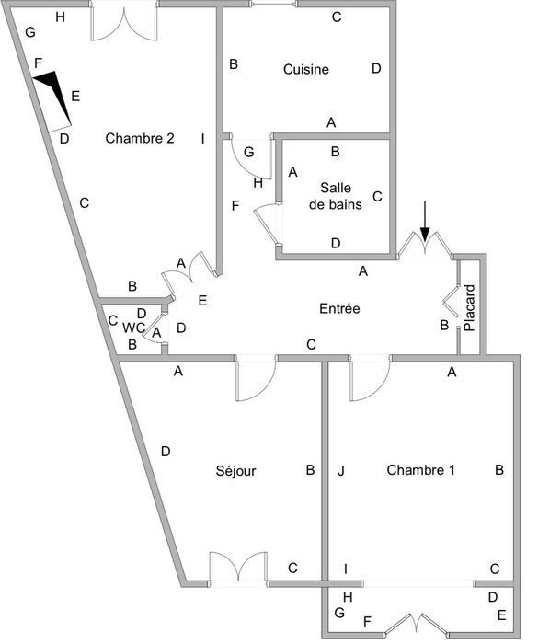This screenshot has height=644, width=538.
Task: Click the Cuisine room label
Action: [x=306, y=69]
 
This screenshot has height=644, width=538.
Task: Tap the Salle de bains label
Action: [x=336, y=196]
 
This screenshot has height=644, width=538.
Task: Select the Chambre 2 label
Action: [x=140, y=138]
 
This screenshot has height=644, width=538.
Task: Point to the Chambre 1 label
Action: [x=420, y=470]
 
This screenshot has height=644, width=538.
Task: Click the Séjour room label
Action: [x=235, y=470]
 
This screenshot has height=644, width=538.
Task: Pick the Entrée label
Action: [x=339, y=308]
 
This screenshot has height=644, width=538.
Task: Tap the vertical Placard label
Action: [x=469, y=308]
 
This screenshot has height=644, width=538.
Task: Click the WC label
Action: [x=133, y=328]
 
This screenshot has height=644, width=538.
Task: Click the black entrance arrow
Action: [x=425, y=221]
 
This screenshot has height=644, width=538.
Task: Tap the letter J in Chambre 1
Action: [x=341, y=471]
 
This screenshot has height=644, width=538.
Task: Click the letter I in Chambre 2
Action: [x=202, y=139]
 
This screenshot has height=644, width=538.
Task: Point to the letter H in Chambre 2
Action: [x=61, y=17]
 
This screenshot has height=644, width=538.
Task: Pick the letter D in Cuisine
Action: [x=376, y=68]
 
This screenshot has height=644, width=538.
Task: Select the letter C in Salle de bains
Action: [x=377, y=196]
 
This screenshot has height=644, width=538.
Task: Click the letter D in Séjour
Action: [x=166, y=452]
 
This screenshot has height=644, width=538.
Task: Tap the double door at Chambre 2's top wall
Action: [x=123, y=23]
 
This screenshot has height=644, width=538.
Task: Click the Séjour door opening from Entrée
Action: [x=256, y=378]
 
